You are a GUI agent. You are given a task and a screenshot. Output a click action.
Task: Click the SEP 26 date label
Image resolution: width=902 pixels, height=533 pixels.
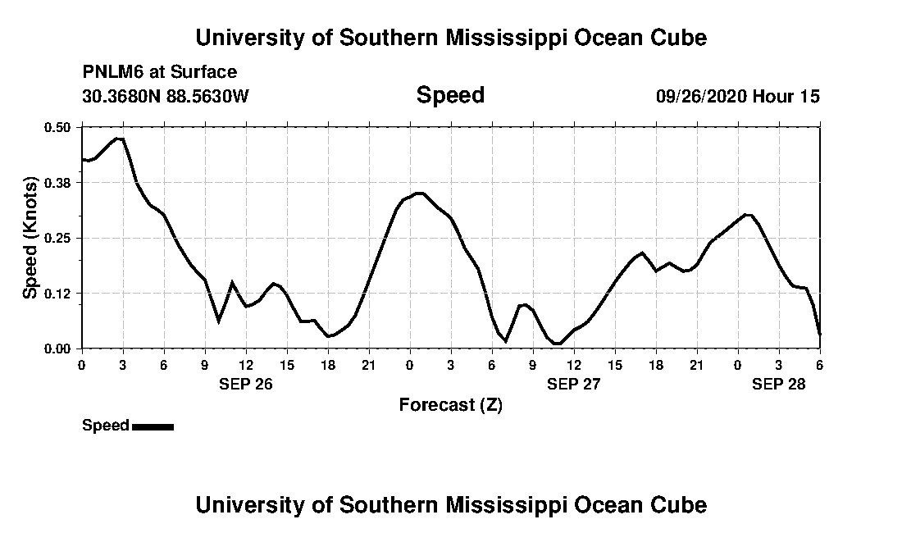click(245, 384)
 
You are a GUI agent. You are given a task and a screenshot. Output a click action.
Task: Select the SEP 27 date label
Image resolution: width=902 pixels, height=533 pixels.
click(573, 384)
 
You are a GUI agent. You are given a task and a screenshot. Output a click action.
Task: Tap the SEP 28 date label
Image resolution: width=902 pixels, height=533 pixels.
click(779, 384)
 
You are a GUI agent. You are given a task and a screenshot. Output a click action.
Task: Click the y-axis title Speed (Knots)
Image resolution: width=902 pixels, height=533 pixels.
click(30, 238)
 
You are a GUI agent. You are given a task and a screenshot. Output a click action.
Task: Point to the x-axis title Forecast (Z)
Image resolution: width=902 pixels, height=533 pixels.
click(450, 405)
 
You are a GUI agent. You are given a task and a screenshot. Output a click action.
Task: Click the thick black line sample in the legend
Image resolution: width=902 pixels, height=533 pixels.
click(153, 426)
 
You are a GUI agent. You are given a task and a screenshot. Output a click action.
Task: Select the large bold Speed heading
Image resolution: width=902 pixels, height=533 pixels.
click(450, 95)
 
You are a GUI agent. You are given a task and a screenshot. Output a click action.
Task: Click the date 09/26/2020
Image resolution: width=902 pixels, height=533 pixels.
click(701, 96)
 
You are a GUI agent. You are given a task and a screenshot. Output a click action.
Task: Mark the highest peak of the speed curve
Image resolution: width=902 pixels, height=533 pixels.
click(120, 139)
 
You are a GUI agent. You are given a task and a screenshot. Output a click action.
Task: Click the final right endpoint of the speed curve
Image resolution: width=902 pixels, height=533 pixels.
click(819, 334)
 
